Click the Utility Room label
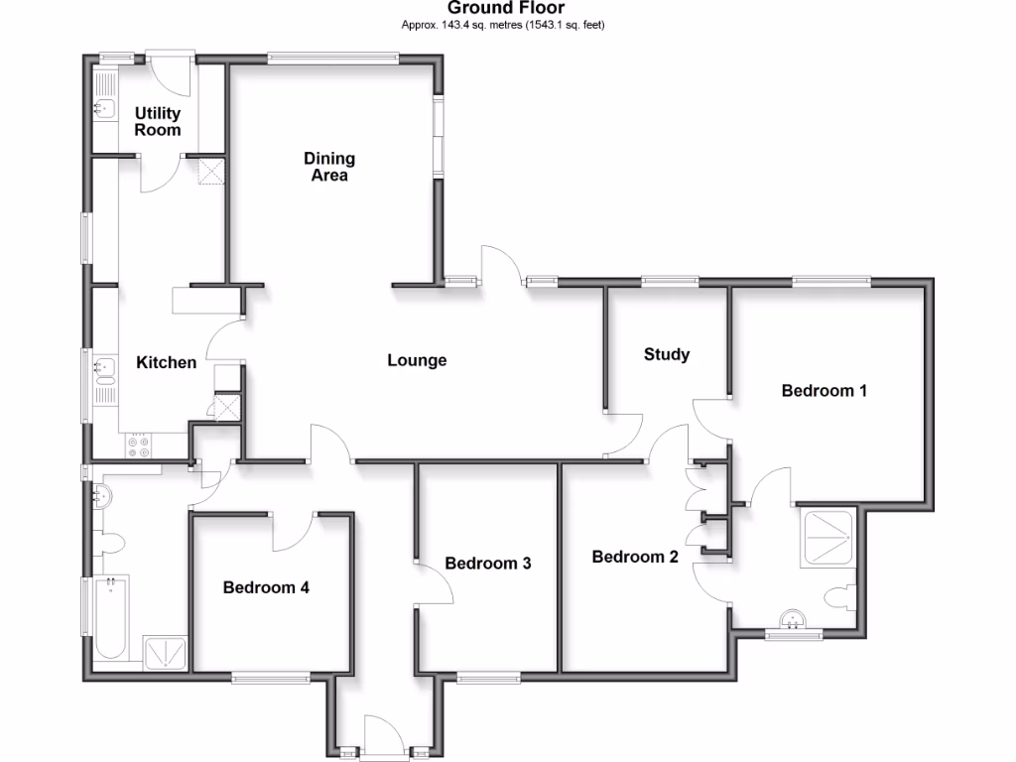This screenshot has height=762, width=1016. click(158, 121)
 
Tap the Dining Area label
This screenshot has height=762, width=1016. click(329, 167)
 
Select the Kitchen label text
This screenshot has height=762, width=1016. click(166, 362)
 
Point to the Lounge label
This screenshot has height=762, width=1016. click(417, 360)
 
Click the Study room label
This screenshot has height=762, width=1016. click(666, 354)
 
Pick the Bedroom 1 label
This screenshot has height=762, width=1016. click(824, 390)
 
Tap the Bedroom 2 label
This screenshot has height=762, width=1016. click(635, 557)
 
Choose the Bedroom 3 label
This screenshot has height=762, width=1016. click(487, 564)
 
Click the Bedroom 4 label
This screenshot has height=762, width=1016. click(266, 587)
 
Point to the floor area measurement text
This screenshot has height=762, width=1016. click(503, 25)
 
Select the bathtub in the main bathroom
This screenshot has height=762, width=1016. click(110, 619)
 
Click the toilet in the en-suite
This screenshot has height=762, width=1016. click(839, 597)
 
